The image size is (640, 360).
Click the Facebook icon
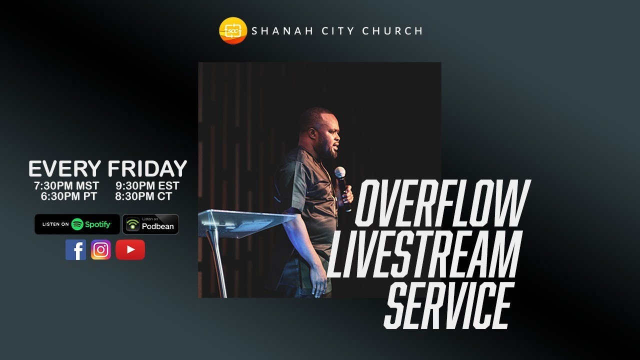[x=75, y=249]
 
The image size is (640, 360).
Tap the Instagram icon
[x=101, y=249]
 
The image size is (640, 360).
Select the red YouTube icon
[x=130, y=249]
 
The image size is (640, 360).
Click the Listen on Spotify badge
[x=77, y=224]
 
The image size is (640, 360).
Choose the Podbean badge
[x=150, y=224]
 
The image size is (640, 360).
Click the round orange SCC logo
[x=233, y=31]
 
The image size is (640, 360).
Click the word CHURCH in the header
[x=392, y=31]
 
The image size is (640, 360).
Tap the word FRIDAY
[x=147, y=169]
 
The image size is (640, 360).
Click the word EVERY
[x=65, y=169]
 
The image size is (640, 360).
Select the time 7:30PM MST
[x=66, y=186]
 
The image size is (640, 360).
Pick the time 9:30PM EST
[x=147, y=186]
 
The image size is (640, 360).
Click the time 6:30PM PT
[x=69, y=196]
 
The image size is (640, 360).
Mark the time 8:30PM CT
[x=143, y=196]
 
